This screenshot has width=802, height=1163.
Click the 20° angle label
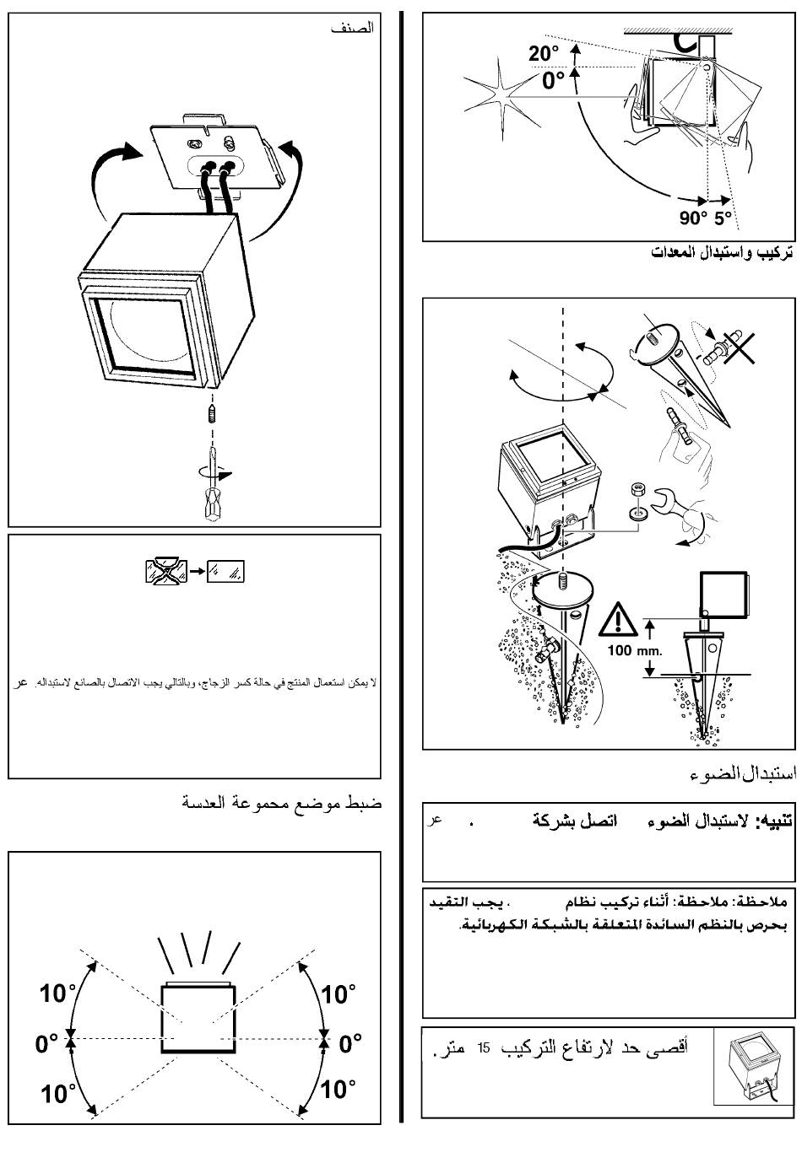pos(544,54)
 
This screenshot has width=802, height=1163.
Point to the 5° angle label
pos(723,218)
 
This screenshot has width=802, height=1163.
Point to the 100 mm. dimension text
pos(635,651)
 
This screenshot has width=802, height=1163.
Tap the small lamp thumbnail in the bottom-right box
pos(753,1066)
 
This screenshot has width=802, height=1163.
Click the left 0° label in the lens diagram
pos(47,1043)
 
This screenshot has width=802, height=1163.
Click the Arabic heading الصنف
pos(351,28)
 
